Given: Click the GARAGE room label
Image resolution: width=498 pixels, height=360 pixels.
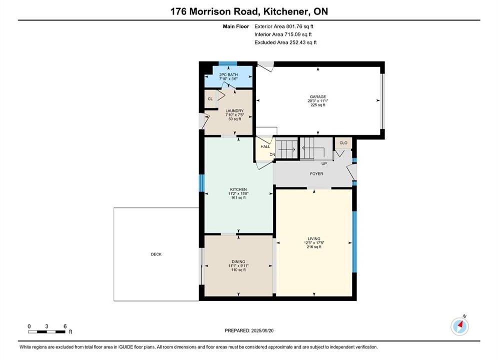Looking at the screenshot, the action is [x=318, y=96].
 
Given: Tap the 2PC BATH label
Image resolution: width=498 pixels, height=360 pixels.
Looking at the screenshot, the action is [x=228, y=74].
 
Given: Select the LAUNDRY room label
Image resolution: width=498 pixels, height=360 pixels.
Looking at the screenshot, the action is [x=234, y=110].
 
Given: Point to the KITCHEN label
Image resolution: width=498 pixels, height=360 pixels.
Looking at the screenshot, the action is [x=238, y=189].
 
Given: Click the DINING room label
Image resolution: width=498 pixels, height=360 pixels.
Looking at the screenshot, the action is [x=238, y=261].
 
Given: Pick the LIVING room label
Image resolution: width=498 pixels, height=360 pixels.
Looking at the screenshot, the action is [x=314, y=238].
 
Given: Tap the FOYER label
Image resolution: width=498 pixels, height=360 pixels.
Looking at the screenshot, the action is [x=316, y=174].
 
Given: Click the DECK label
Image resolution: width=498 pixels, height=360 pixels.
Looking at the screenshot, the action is [x=156, y=254].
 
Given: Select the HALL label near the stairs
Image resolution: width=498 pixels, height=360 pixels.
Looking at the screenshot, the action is [x=265, y=146].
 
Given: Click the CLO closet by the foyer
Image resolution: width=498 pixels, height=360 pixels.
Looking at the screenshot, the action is [x=343, y=142].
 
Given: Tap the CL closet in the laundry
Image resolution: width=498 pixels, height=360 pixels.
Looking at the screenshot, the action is [x=210, y=99].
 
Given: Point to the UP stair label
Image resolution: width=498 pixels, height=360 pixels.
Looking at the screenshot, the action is [x=324, y=163].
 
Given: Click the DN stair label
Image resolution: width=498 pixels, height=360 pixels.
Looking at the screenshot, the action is [x=272, y=154].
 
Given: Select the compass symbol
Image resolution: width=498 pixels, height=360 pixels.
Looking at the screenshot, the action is [x=459, y=325].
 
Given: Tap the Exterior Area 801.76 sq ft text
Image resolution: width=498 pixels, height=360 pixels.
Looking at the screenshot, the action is [x=284, y=26].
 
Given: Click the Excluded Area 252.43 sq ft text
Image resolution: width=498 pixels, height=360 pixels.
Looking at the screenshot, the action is [x=285, y=42].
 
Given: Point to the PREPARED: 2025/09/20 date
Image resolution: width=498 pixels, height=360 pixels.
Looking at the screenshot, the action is [x=249, y=330].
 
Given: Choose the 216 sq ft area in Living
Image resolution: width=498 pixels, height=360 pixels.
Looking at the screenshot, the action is [x=314, y=247].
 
